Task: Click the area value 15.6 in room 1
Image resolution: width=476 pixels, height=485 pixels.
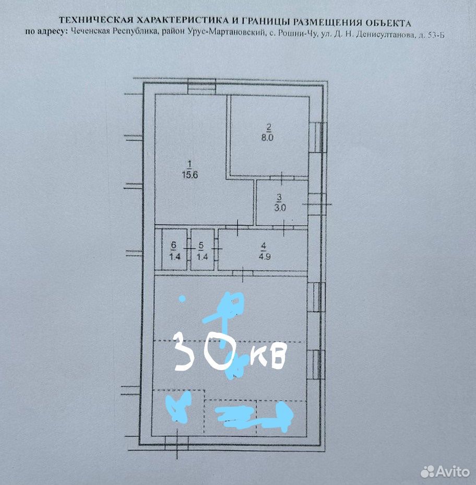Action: coord(190,175)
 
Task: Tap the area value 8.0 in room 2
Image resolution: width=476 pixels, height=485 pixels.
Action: coord(268,138)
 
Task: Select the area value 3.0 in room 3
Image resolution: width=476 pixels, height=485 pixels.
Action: coord(280,208)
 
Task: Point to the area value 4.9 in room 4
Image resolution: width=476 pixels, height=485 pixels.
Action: coord(265,256)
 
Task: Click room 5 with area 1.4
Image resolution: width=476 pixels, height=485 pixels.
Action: coord(203,250)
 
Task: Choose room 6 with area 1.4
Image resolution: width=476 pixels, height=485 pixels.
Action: coord(174,250)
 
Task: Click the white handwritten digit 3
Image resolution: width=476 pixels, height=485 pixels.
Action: coord(185,353)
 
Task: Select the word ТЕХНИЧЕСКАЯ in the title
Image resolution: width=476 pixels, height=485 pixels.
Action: coord(96,20)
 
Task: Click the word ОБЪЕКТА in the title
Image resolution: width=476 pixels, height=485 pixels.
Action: coord(388,22)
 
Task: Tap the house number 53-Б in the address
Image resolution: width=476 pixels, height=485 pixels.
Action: coord(435,35)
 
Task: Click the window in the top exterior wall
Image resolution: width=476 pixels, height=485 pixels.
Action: coord(201,87)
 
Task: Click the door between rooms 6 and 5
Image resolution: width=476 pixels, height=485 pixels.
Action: coord(188,249)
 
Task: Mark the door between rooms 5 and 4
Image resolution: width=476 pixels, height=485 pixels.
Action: coord(216,249)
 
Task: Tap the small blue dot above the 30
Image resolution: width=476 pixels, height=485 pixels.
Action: coord(183,299)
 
